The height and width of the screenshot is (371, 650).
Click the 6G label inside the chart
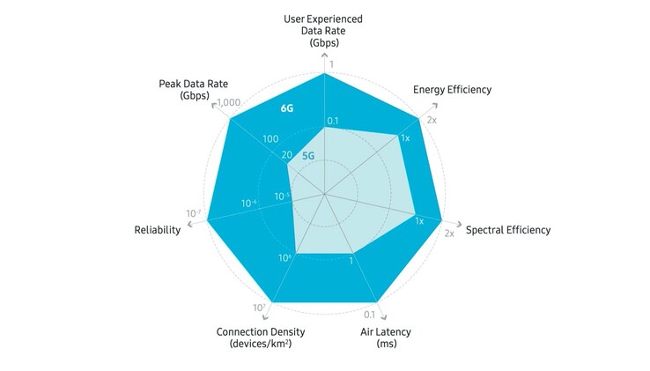coord(286,109)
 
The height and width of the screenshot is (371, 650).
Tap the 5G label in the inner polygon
coord(308,156)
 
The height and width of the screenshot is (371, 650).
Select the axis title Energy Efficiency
coord(452,90)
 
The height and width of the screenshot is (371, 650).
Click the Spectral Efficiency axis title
coord(508,230)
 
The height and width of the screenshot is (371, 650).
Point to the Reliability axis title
coord(157,230)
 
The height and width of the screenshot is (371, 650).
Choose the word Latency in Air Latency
coord(393,332)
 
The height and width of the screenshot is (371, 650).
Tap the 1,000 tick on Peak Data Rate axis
coord(229,102)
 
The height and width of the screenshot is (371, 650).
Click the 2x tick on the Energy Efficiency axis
coord(432,120)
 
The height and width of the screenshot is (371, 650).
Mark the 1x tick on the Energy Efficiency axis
coord(405,138)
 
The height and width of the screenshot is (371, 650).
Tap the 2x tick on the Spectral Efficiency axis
coord(449,234)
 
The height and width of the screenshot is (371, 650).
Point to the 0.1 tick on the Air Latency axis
coord(370,315)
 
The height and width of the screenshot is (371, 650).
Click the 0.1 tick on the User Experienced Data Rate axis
coord(332,121)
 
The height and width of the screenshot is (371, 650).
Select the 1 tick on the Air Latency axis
coord(351,260)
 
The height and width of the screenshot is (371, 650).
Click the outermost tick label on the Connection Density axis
coord(259,308)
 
